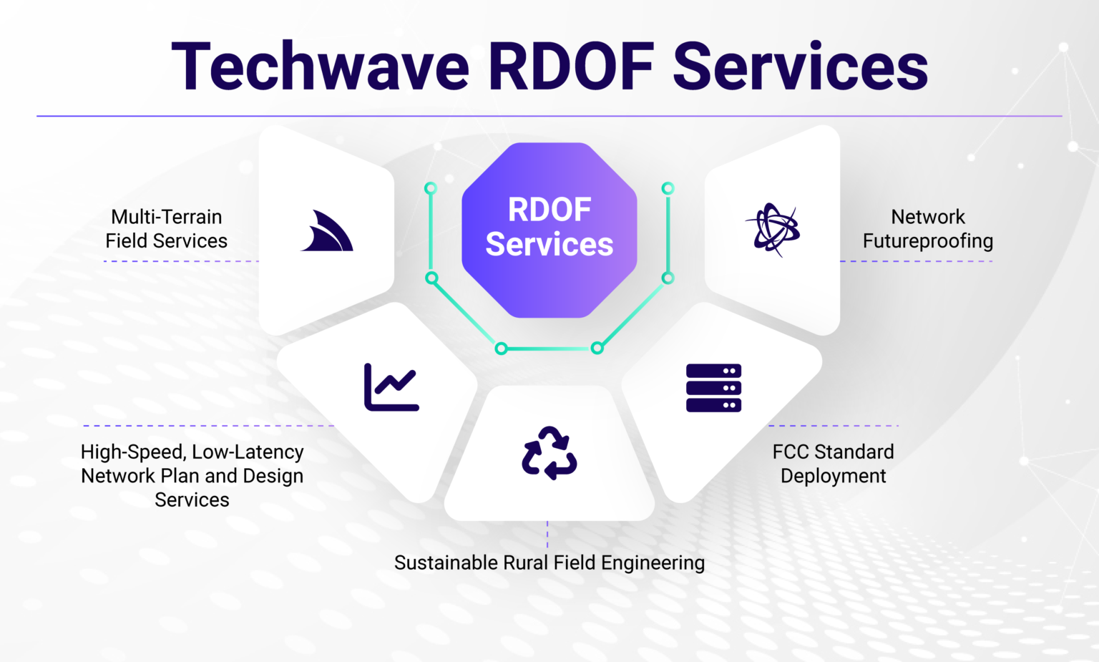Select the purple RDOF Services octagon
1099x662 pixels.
click(549, 229)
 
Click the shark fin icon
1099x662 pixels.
click(327, 232)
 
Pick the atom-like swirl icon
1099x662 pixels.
click(773, 229)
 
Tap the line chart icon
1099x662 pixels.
click(391, 387)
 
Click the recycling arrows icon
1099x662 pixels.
click(549, 453)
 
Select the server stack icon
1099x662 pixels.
click(713, 388)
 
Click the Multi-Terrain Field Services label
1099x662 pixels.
click(167, 229)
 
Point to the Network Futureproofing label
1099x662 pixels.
click(928, 229)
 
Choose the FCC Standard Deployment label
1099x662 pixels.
click(833, 464)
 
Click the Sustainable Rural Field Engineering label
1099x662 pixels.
click(549, 563)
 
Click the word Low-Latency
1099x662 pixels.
click(248, 452)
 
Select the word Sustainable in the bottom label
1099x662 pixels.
click(446, 563)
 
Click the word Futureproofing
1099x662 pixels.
click(928, 241)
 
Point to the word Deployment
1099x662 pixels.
click(833, 476)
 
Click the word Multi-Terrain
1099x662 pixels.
click(167, 217)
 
